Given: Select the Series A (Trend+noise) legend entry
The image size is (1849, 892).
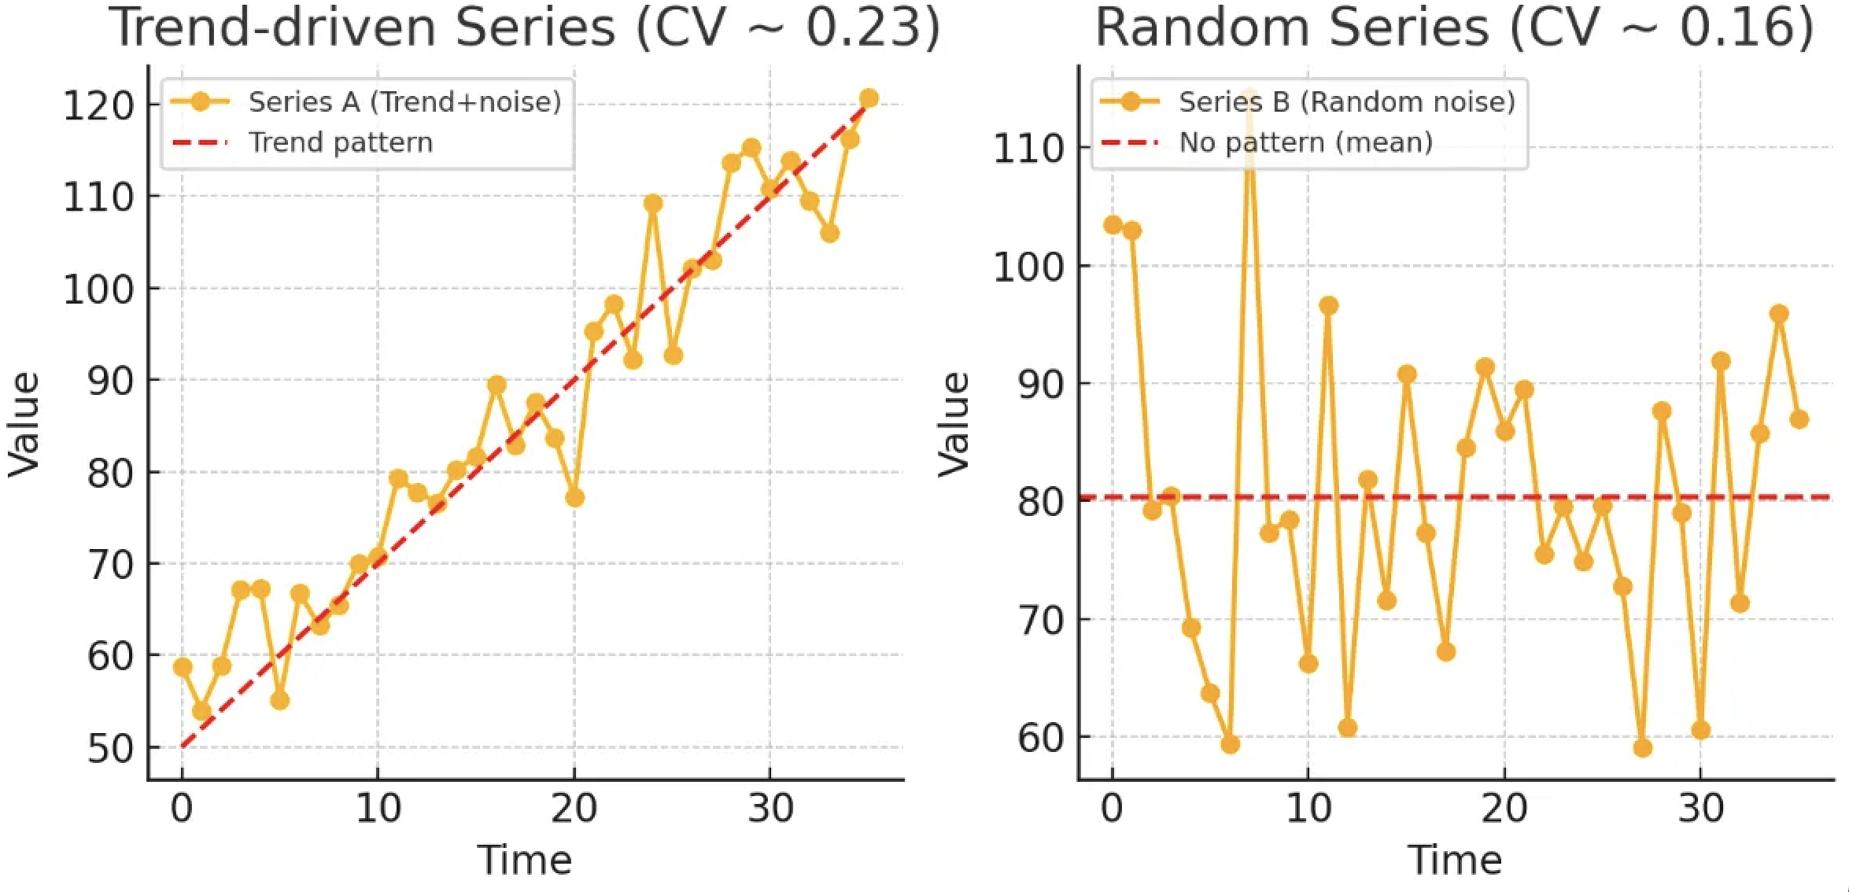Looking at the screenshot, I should pyautogui.click(x=404, y=101).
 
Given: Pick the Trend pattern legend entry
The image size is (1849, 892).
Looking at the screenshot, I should pyautogui.click(x=340, y=142).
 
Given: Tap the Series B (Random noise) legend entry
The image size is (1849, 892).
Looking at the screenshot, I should pyautogui.click(x=1345, y=101).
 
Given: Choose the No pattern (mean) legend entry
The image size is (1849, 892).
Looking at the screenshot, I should pyautogui.click(x=1305, y=142).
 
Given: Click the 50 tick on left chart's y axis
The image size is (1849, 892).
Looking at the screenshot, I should pyautogui.click(x=110, y=749).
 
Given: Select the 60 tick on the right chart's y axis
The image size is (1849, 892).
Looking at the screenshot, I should pyautogui.click(x=1040, y=738).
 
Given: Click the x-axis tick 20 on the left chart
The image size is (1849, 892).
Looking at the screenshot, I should pyautogui.click(x=574, y=809).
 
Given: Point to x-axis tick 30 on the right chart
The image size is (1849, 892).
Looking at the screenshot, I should pyautogui.click(x=1700, y=809).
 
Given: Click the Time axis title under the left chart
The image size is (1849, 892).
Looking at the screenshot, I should pyautogui.click(x=525, y=860).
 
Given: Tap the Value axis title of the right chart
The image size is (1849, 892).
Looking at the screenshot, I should pyautogui.click(x=954, y=425).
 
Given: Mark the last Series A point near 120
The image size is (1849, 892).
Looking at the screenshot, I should pyautogui.click(x=869, y=98).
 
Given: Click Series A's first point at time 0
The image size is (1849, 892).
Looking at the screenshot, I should pyautogui.click(x=183, y=667).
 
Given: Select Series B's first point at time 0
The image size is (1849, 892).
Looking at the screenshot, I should pyautogui.click(x=1113, y=225).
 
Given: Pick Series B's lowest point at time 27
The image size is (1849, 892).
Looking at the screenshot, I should pyautogui.click(x=1642, y=747).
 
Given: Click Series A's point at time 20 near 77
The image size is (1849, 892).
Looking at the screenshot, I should pyautogui.click(x=574, y=498).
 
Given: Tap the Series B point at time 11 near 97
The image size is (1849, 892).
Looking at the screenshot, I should pyautogui.click(x=1328, y=305).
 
